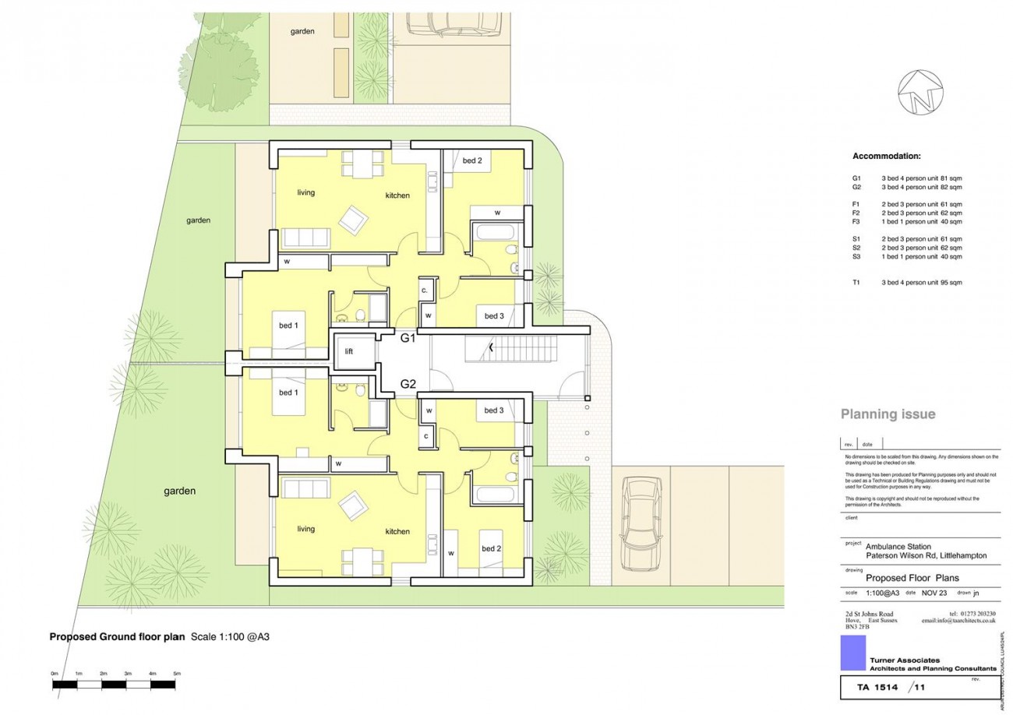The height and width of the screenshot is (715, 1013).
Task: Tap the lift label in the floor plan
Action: (349, 351)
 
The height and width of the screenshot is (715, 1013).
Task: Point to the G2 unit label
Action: (409, 383)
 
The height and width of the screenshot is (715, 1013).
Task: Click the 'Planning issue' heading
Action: (888, 414)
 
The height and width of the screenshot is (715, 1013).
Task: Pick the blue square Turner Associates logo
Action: (853, 653)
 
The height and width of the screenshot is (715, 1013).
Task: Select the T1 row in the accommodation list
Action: (907, 283)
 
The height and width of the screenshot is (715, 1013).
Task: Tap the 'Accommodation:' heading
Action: (886, 157)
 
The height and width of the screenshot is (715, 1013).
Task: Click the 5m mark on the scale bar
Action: (177, 673)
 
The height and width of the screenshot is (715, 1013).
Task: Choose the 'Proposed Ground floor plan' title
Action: (117, 636)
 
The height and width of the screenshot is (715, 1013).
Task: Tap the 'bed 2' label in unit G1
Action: (472, 161)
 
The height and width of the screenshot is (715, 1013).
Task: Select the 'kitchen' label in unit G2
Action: (397, 532)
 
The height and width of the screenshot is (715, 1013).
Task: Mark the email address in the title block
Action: (958, 621)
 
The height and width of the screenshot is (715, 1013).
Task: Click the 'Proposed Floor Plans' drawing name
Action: (912, 578)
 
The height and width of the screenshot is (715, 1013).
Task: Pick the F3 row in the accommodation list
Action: (907, 221)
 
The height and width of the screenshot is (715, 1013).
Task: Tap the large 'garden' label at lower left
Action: (179, 491)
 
